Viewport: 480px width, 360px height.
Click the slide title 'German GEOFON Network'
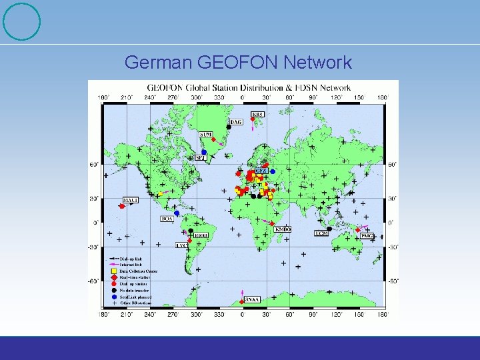238,63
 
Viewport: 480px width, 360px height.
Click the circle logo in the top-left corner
21,21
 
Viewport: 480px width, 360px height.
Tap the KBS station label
257,114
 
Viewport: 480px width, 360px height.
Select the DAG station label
236,122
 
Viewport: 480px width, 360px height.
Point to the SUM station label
206,135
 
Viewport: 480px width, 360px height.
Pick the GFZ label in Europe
261,171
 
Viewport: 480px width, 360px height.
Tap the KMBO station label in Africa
283,229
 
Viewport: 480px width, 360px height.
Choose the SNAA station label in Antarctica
252,300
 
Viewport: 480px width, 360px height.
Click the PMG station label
367,235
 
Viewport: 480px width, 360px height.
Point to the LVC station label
182,245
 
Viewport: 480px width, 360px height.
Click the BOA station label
167,218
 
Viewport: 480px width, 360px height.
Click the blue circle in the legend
114,297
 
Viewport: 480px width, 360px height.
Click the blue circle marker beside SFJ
204,152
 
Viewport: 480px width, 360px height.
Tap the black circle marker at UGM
329,229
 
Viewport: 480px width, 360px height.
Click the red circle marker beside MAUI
121,206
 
